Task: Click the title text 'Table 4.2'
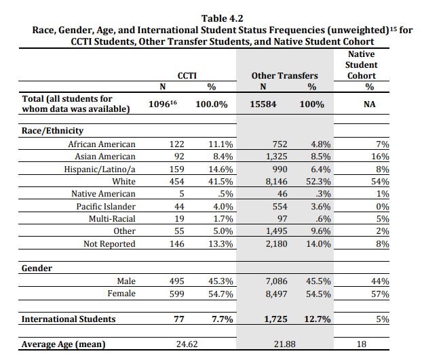(222, 18)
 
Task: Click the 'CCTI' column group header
(187, 76)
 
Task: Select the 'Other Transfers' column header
(284, 76)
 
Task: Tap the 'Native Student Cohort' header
(361, 65)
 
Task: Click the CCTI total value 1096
(160, 104)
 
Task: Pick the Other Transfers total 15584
(263, 104)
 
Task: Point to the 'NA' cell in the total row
(369, 104)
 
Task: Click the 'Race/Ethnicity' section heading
(52, 131)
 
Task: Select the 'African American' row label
(102, 144)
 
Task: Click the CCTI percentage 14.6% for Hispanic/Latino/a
(220, 169)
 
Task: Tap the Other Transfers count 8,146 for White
(276, 182)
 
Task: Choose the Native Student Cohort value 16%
(380, 157)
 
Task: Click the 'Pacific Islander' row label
(106, 207)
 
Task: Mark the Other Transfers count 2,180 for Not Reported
(276, 244)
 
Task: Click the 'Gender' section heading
(37, 268)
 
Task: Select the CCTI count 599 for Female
(177, 294)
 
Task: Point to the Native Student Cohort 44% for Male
(380, 281)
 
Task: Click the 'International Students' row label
(69, 319)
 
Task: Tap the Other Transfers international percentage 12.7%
(318, 319)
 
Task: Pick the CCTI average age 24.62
(187, 344)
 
